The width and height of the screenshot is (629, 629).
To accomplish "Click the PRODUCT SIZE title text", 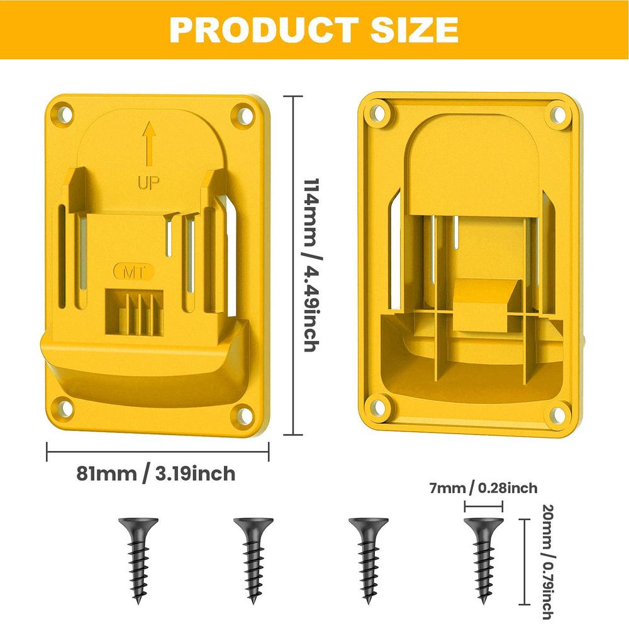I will [x=314, y=30].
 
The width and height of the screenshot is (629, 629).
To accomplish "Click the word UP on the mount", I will [x=148, y=183].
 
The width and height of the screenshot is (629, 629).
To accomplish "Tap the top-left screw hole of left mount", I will [x=62, y=114].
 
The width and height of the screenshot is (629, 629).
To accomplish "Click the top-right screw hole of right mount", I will [x=557, y=114].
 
